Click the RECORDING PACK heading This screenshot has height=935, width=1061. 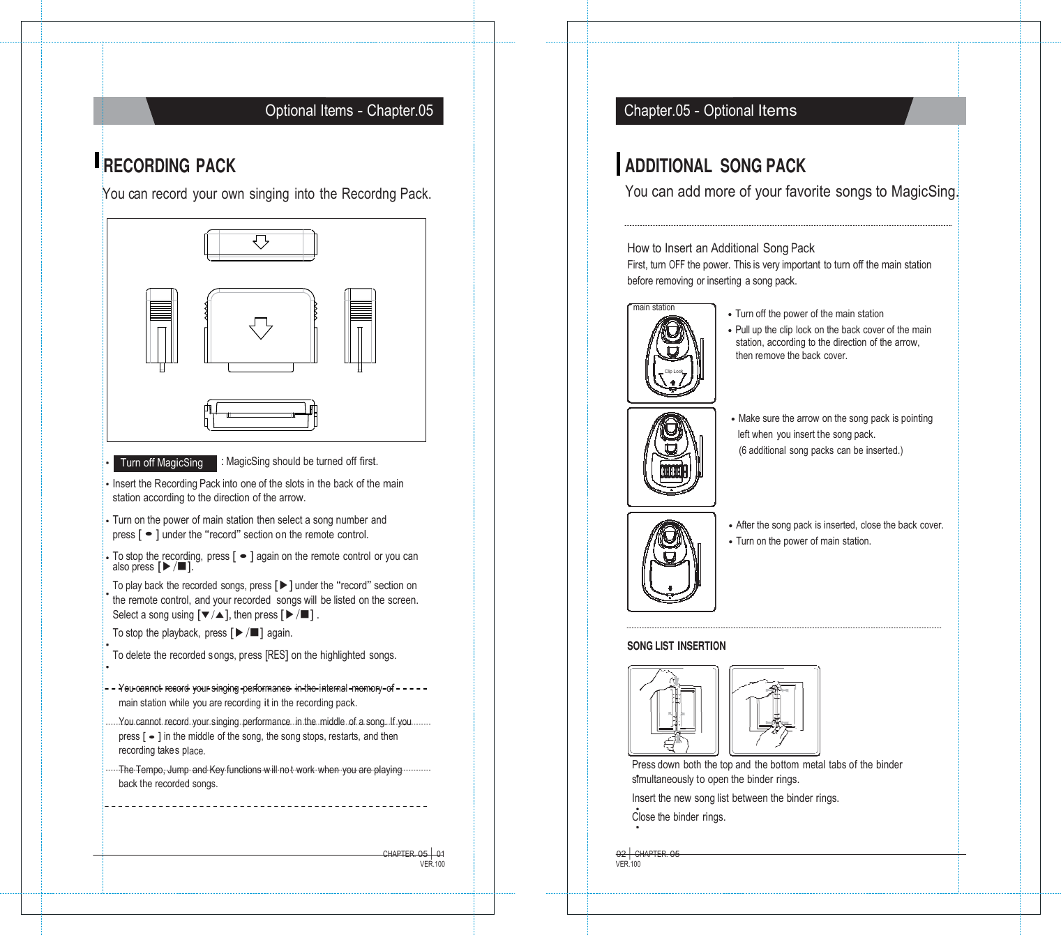pos(169,166)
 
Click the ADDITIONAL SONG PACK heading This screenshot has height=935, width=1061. pos(715,166)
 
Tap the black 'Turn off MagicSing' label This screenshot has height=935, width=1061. pos(162,463)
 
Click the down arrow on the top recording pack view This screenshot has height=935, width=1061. pos(261,242)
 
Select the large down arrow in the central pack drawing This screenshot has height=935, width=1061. pos(261,328)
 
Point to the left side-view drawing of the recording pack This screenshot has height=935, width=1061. pos(161,327)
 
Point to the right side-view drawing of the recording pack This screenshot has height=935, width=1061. pos(360,327)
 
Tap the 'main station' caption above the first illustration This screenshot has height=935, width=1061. pos(654,307)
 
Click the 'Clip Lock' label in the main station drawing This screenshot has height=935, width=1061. pos(673,372)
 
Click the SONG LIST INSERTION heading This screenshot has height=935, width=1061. pos(676,646)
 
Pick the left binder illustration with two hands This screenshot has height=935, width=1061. pos(673,710)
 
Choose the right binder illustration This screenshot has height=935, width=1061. pos(774,710)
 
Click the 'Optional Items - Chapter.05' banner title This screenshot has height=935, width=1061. pos(349,111)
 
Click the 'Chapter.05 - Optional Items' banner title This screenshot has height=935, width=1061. pos(710,111)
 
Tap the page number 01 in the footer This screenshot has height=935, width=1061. pos(440,854)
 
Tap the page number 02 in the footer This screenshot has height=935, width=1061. pos(621,854)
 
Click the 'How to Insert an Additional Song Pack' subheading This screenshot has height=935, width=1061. pos(721,248)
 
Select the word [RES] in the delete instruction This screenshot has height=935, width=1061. pos(276,655)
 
